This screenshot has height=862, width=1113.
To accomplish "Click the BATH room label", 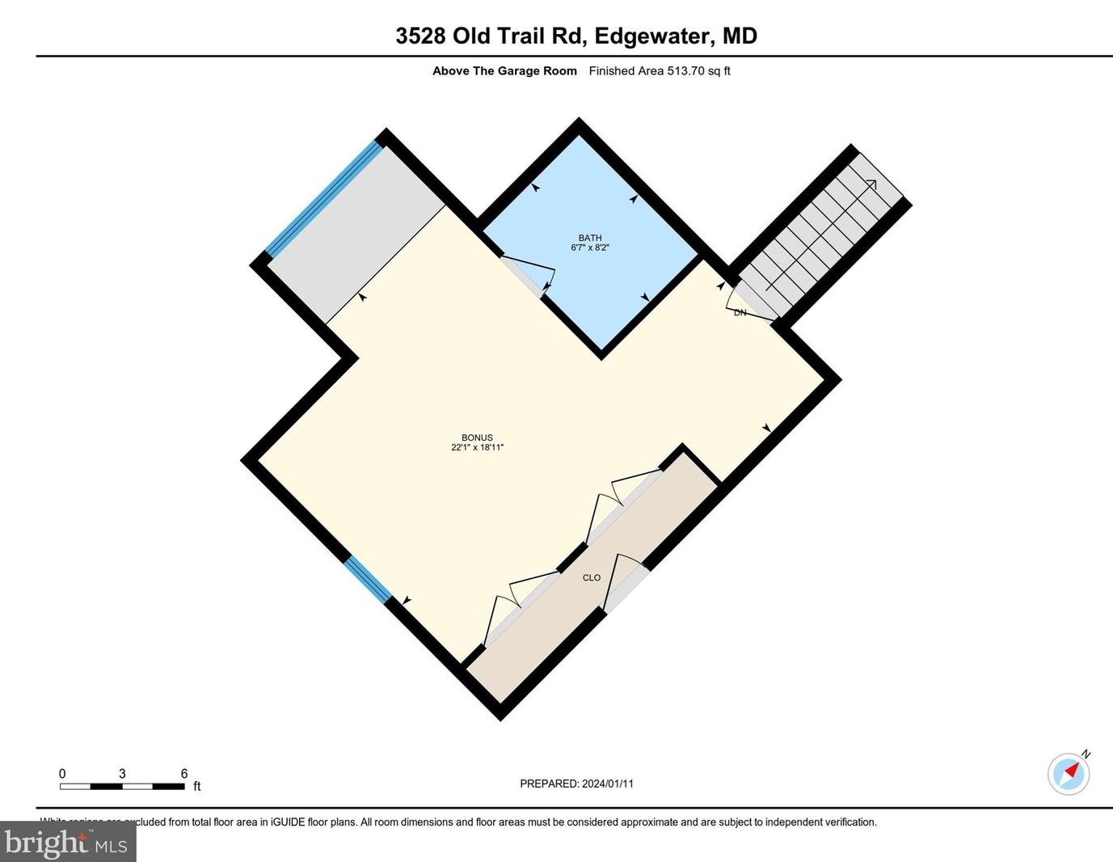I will (x=589, y=238).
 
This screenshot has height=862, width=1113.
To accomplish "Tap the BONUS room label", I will (x=477, y=437).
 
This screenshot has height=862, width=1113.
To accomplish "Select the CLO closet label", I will (x=592, y=577).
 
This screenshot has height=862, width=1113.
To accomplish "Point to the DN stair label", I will (x=740, y=313).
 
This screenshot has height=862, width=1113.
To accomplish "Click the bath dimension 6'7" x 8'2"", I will (x=589, y=247).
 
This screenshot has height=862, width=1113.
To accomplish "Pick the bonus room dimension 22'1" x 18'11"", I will (x=477, y=447).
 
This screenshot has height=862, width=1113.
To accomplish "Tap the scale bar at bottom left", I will (x=122, y=786).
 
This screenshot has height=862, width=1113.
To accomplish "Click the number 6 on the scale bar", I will (x=184, y=774).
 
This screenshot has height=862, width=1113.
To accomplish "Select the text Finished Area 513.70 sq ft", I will (x=660, y=71).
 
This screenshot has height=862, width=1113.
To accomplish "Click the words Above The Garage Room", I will (x=504, y=71).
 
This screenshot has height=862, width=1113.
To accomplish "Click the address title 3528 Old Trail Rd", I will (x=494, y=36).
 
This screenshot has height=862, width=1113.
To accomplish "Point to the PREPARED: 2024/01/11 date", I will (x=576, y=784).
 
